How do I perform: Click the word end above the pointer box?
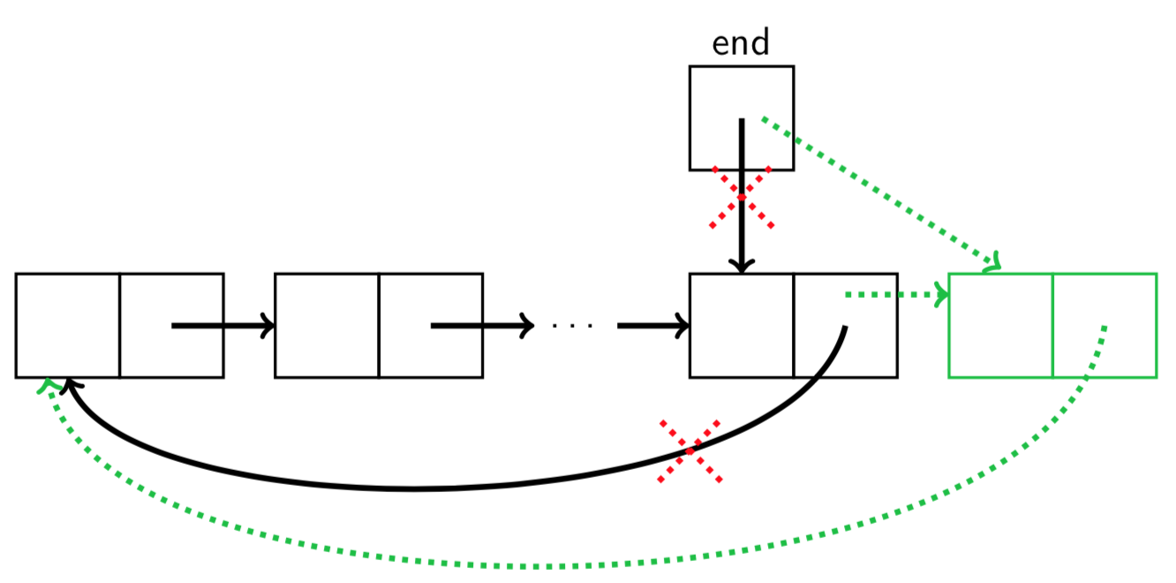(x=740, y=42)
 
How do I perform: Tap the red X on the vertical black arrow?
(x=742, y=198)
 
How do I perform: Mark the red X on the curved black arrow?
(x=690, y=451)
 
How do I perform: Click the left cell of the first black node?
(x=67, y=325)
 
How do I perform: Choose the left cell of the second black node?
(x=327, y=325)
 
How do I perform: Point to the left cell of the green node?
(x=1000, y=325)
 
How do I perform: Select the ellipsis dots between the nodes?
(x=573, y=326)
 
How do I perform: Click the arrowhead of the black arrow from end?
(x=742, y=264)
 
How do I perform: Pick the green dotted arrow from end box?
(x=883, y=191)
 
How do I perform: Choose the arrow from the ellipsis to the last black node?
(x=653, y=325)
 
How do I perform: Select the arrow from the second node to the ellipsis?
(x=482, y=325)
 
